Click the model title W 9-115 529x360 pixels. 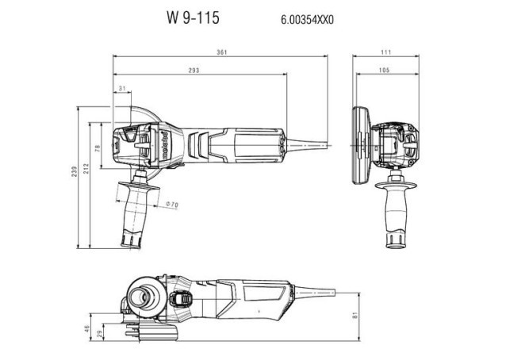pyautogui.click(x=192, y=15)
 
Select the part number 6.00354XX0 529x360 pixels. pyautogui.click(x=308, y=17)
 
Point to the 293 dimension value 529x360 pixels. pyautogui.click(x=194, y=71)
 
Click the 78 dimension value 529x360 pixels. pyautogui.click(x=98, y=147)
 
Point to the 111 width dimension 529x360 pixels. pyautogui.click(x=385, y=52)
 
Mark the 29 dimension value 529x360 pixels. pyautogui.click(x=98, y=335)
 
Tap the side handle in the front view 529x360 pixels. pyautogui.click(x=392, y=214)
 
